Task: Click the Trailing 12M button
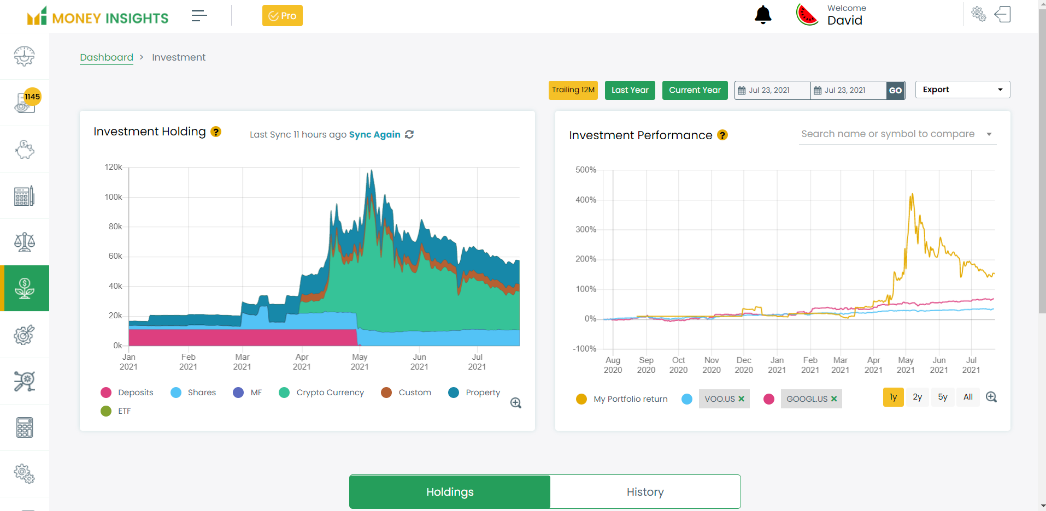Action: tap(573, 90)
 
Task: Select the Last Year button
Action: tap(630, 90)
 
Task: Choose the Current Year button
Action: tap(695, 90)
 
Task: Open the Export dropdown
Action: tap(962, 90)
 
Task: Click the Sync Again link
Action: tap(375, 134)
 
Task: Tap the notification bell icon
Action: tap(763, 15)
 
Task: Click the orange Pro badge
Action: tap(282, 16)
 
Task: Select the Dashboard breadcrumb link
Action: tap(107, 57)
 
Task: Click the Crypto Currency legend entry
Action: tap(330, 393)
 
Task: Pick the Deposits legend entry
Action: tap(135, 393)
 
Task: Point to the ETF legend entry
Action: tap(124, 411)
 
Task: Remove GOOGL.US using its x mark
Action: tap(834, 399)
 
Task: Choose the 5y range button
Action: tap(943, 397)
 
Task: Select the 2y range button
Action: tap(918, 397)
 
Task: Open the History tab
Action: tap(645, 492)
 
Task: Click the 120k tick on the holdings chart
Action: tap(113, 167)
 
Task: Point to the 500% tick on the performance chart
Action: tap(585, 170)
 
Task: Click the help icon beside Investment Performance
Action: tap(722, 135)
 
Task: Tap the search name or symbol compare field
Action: tap(888, 134)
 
